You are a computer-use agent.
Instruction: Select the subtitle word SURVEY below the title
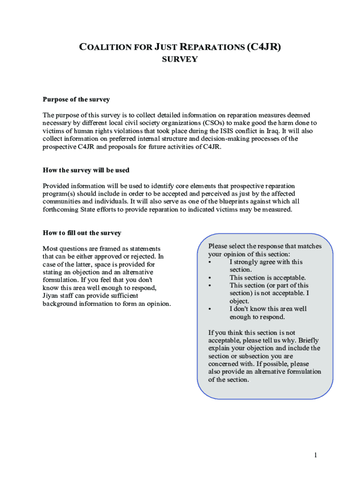pyautogui.click(x=180, y=59)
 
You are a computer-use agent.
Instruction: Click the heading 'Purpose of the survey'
pyautogui.click(x=76, y=99)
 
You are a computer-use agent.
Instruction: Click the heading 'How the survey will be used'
pyautogui.click(x=86, y=170)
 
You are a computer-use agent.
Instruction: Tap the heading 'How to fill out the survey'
pyautogui.click(x=82, y=233)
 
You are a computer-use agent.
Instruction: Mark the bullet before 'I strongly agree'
pyautogui.click(x=210, y=262)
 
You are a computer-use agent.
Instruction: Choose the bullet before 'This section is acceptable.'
pyautogui.click(x=210, y=277)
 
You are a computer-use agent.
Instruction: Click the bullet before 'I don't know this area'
pyautogui.click(x=210, y=309)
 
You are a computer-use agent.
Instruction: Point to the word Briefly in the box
pyautogui.click(x=308, y=341)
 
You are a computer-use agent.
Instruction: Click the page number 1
pyautogui.click(x=316, y=455)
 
